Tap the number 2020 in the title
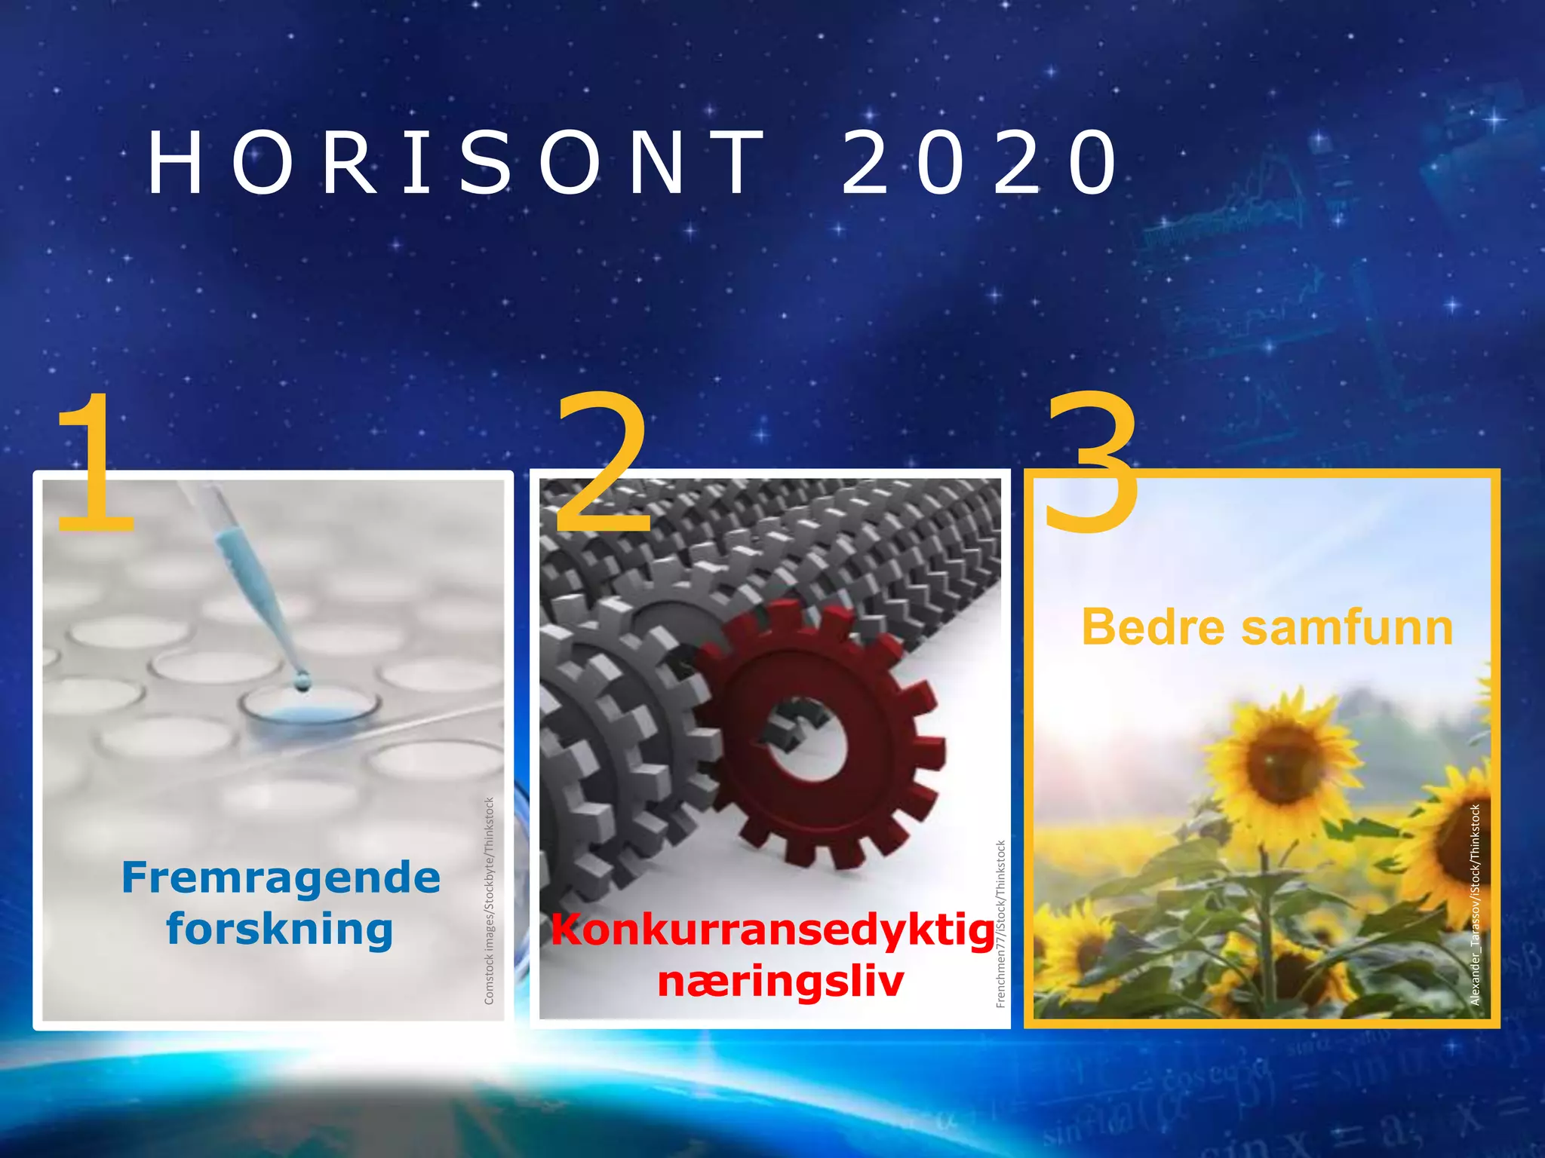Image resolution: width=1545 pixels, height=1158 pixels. coord(979,163)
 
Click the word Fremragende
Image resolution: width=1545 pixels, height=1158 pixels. coord(281,878)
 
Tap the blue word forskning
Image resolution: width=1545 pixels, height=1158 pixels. coord(280,929)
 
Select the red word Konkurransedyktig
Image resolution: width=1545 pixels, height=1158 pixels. coord(772,930)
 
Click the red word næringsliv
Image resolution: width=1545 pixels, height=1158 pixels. coord(780,981)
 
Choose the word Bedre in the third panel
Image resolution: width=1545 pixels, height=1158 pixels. coord(1154,627)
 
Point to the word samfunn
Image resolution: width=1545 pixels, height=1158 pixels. coord(1347,627)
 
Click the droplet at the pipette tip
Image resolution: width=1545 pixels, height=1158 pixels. coord(303,682)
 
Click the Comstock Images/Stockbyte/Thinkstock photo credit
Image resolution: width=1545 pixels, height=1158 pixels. coord(489,901)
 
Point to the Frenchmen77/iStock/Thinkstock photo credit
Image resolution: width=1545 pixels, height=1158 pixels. coord(1001,924)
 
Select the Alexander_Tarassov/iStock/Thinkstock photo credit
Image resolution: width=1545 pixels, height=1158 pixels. coord(1476,905)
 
